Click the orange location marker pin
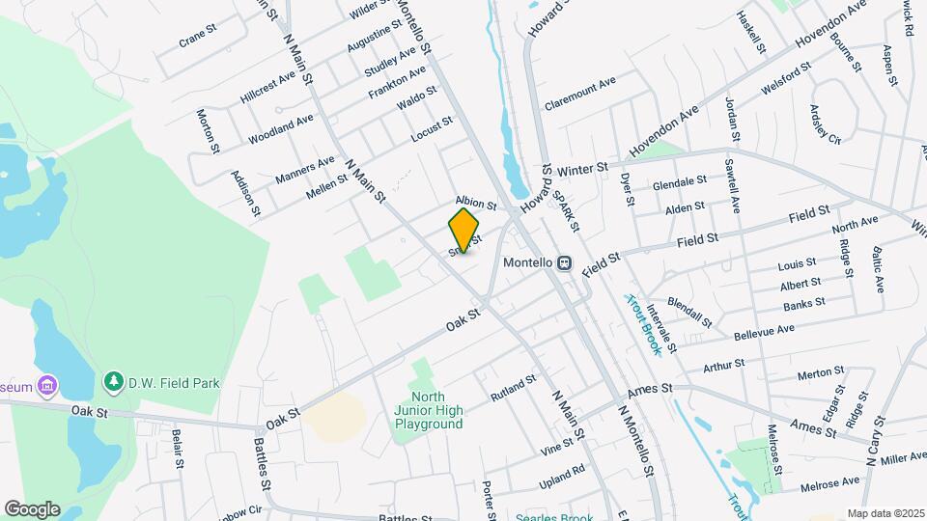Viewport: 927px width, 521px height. click(x=463, y=230)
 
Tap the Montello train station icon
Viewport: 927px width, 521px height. click(x=564, y=262)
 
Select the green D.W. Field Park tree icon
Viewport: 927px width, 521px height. click(x=113, y=383)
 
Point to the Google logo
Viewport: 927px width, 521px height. click(x=32, y=508)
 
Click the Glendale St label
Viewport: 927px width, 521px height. click(x=679, y=183)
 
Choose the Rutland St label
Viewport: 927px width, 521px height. click(x=512, y=388)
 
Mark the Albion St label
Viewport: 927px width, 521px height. click(x=475, y=205)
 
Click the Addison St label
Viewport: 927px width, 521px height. click(x=240, y=190)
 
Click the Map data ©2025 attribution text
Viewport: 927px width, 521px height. click(x=885, y=513)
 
